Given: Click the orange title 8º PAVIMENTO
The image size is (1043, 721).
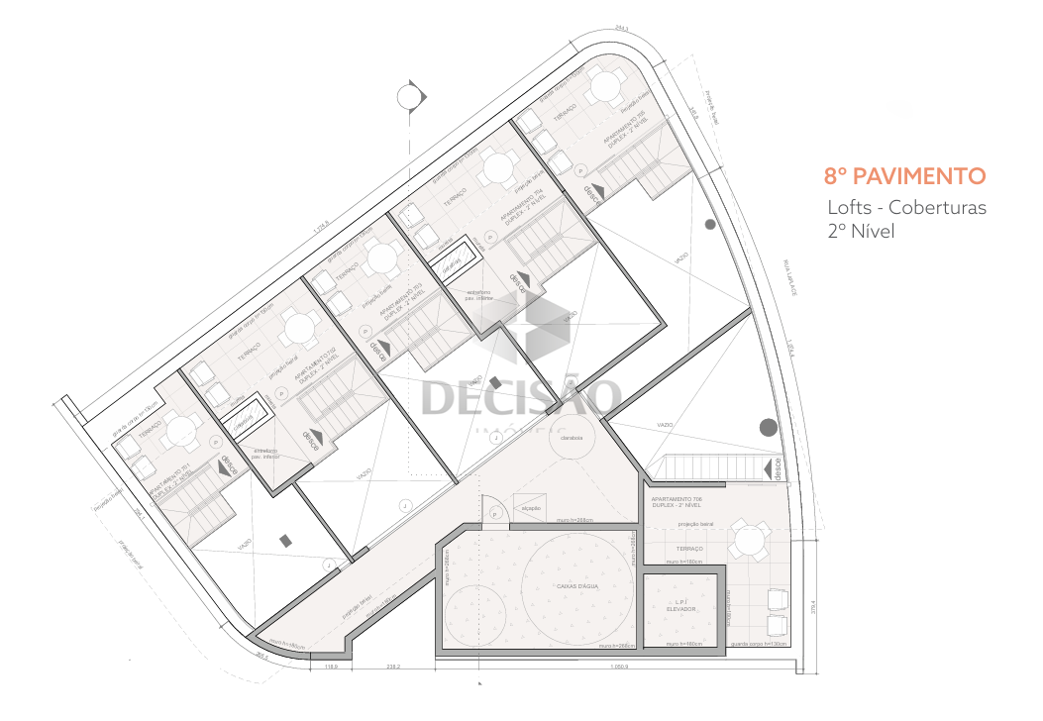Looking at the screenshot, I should coord(905,177).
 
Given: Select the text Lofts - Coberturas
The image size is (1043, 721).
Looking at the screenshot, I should coord(907,208).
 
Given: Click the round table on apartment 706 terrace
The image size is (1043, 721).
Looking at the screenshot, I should coord(750,541).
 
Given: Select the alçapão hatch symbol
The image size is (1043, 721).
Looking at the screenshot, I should coord(527,503).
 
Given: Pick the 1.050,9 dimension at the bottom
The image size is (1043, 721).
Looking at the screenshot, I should coord(618,668).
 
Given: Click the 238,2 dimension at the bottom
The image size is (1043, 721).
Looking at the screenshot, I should coord(393,668).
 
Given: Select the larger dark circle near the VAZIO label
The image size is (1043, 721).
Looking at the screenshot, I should coord(768,428).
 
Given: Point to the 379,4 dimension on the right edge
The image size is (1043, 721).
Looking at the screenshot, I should coord(811,606).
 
